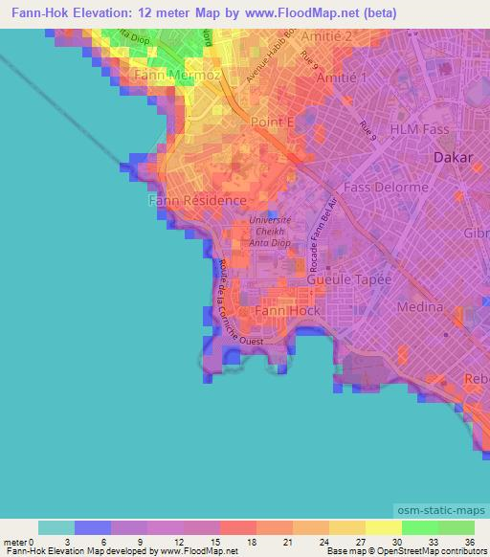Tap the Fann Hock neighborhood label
click(x=288, y=311)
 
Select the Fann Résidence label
click(x=198, y=201)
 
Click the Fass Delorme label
click(x=386, y=188)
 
